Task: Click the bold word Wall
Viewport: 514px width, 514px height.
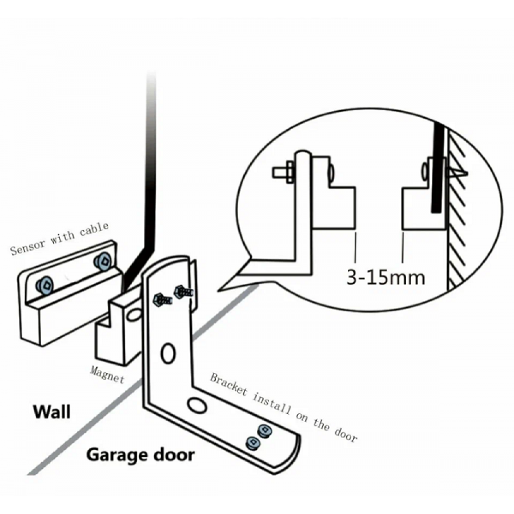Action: click(51, 411)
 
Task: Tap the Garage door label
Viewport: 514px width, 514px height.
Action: click(140, 455)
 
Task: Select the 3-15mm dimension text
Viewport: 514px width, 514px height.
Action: click(386, 278)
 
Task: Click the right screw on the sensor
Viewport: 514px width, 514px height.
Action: click(102, 262)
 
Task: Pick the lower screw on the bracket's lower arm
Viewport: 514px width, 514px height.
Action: click(251, 443)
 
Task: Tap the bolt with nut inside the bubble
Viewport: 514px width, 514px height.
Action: click(283, 171)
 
